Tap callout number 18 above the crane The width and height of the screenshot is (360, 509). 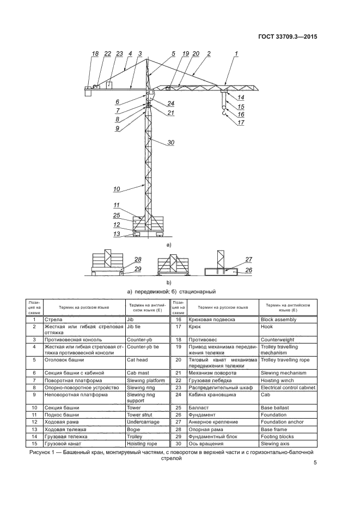95,53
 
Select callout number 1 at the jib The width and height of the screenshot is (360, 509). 235,53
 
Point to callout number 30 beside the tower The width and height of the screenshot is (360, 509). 170,143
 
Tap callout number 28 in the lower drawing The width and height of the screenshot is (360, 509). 137,260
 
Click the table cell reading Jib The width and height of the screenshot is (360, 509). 130,320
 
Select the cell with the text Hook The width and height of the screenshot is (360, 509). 267,327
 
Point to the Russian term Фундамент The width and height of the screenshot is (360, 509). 202,414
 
